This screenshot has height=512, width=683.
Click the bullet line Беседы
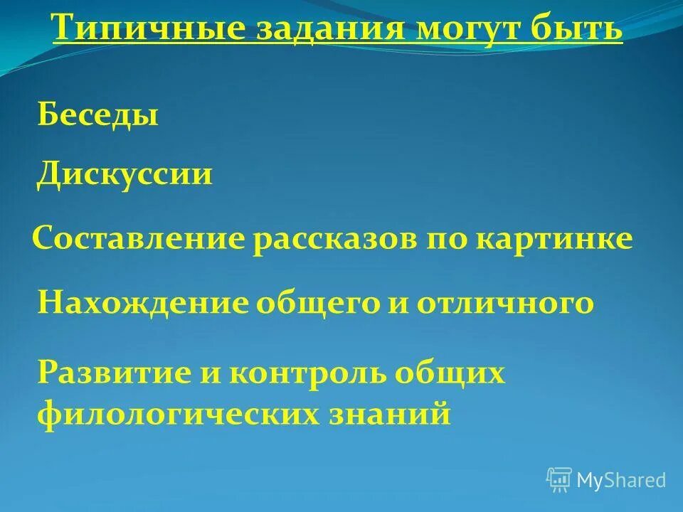click(x=97, y=115)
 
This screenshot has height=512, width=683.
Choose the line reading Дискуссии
click(x=125, y=174)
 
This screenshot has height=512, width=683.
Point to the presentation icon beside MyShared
click(x=559, y=479)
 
